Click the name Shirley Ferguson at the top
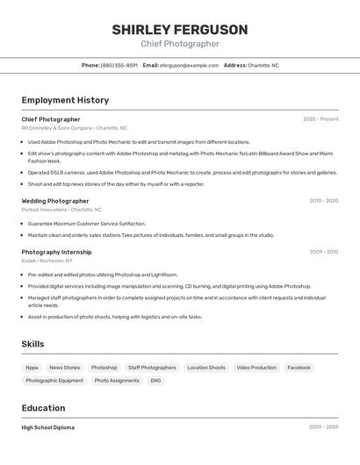coord(179,30)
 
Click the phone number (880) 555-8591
coord(119,65)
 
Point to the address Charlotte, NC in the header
coord(263,65)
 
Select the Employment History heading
coord(65,100)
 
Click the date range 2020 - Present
coord(320,119)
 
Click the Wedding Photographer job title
coord(55,201)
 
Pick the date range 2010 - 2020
coord(323,201)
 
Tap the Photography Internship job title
coord(56,252)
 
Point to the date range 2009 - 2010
coord(323,252)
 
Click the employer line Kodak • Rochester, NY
coord(47,261)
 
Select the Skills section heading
coord(32,344)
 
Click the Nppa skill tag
coord(32,368)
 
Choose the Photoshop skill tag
coord(104,368)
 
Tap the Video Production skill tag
coord(256,368)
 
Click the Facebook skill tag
coord(299,368)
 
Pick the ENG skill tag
coord(155,381)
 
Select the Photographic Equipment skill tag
coord(54,381)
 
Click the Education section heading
coord(43,408)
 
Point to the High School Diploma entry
coord(48,427)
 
